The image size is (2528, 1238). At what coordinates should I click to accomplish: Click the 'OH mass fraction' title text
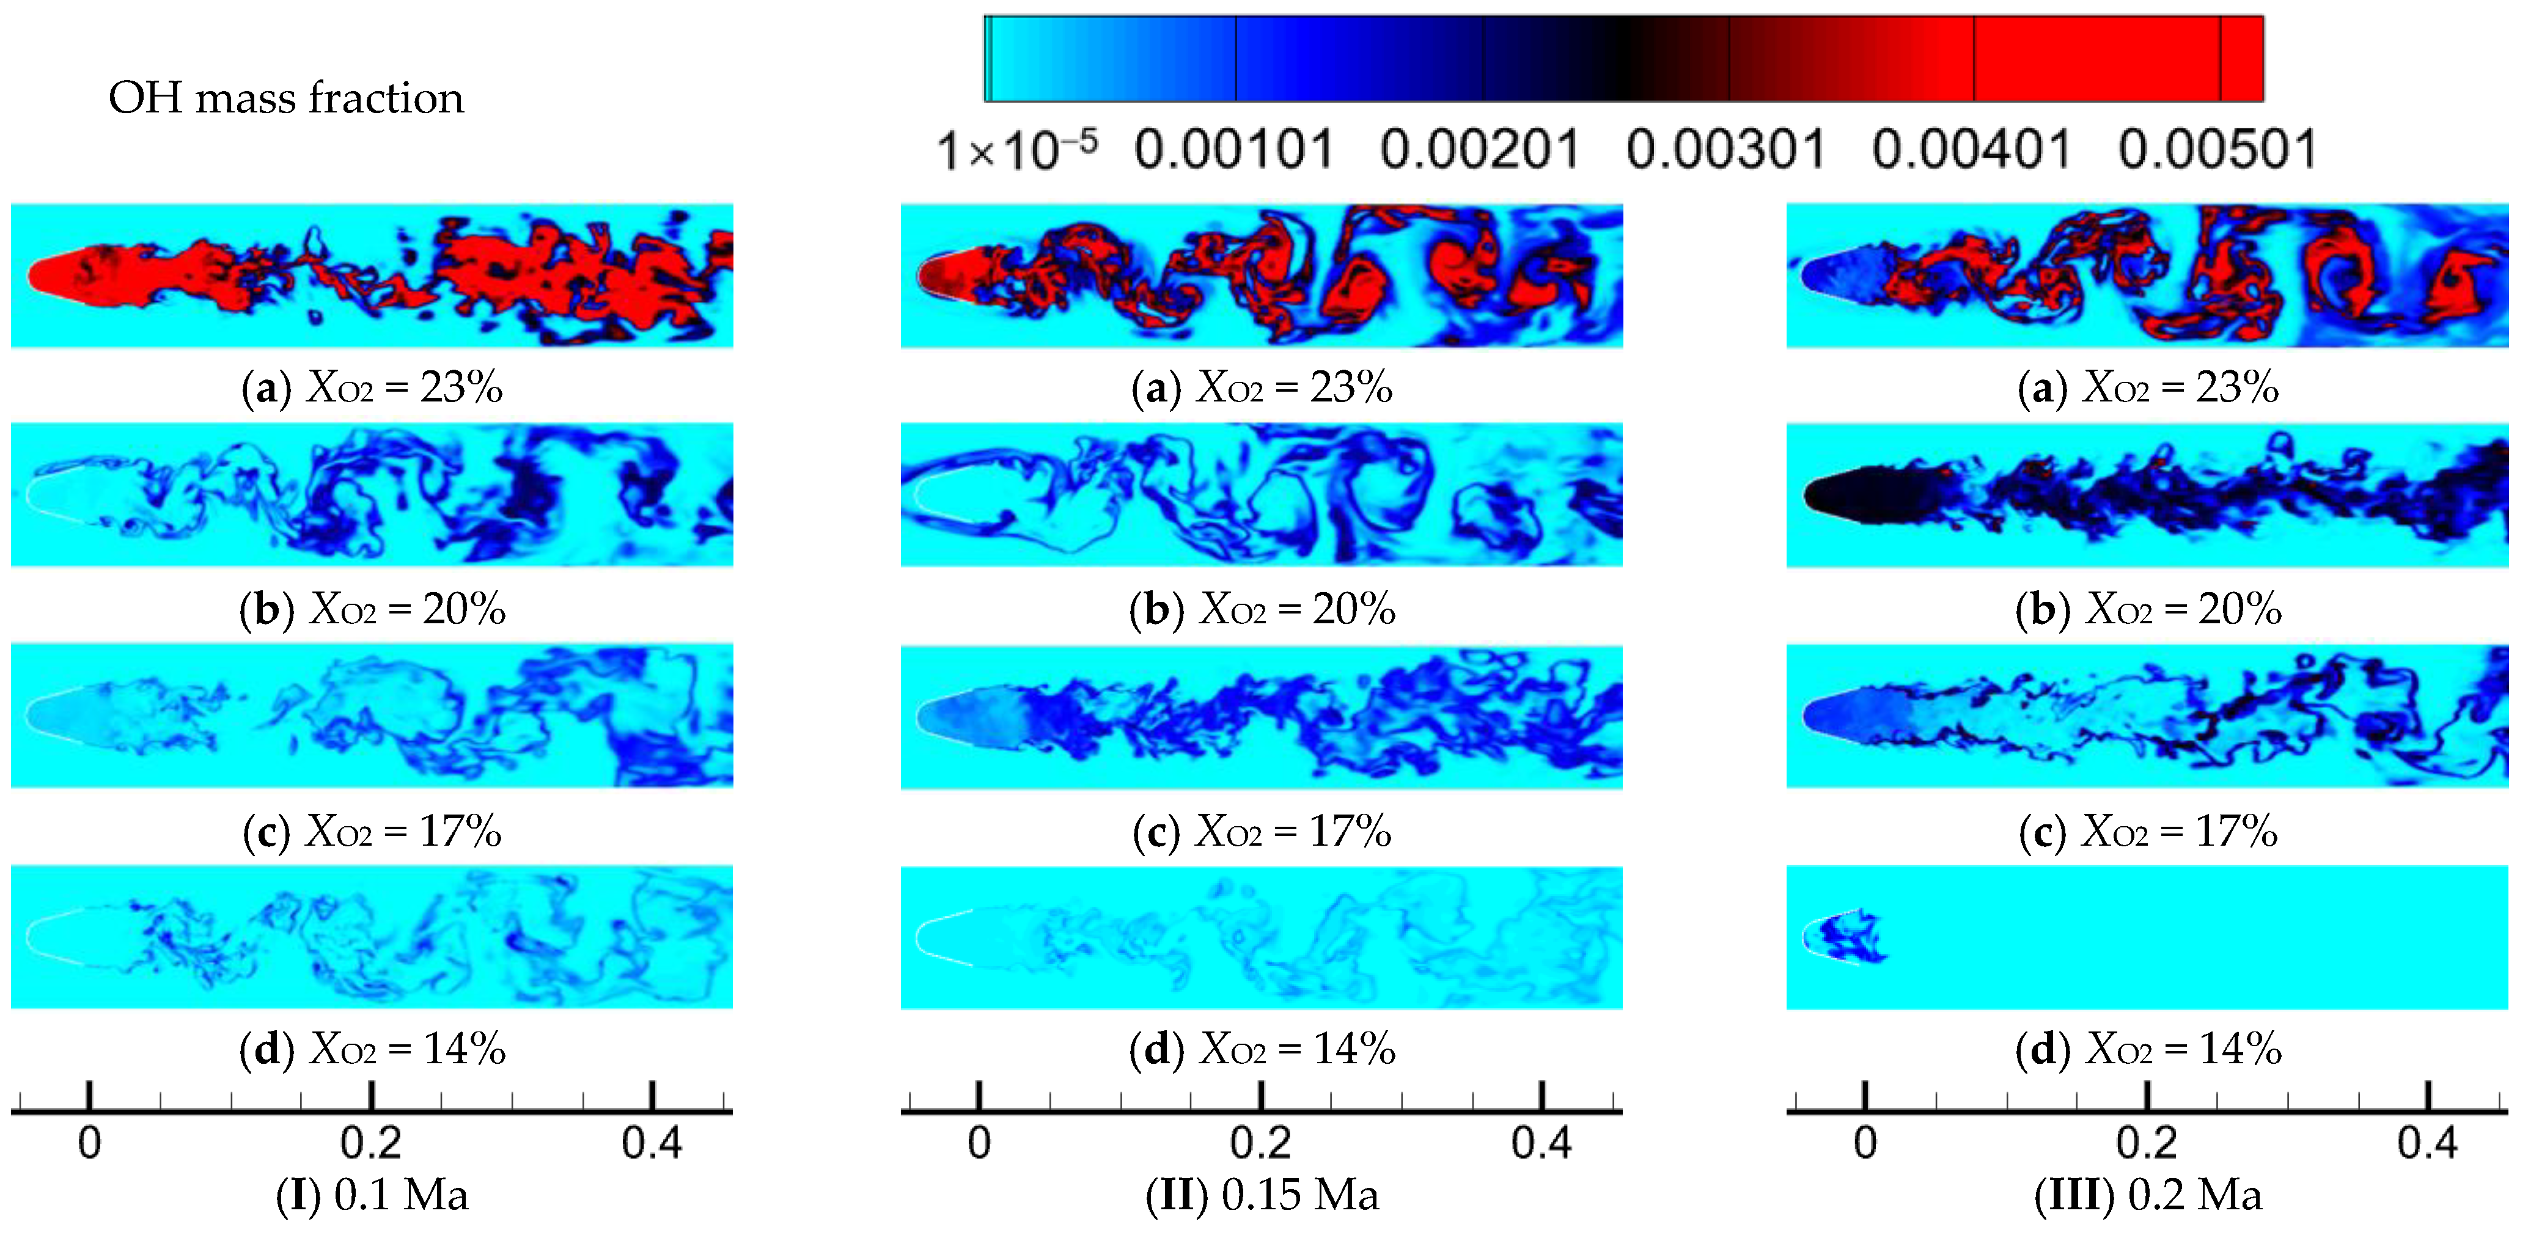click(285, 98)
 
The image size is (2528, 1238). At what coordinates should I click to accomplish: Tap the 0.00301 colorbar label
click(1725, 151)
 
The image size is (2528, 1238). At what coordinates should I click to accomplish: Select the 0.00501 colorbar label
click(2217, 151)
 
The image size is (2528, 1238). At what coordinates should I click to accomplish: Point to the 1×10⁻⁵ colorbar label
click(1016, 151)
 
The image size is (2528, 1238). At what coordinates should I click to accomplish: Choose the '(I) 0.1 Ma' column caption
click(372, 1195)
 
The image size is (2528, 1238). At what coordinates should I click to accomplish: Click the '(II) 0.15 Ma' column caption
click(1262, 1195)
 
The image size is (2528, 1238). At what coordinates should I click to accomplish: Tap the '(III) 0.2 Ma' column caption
click(2148, 1195)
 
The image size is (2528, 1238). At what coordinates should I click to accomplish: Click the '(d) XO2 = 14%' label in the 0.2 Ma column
click(2148, 1050)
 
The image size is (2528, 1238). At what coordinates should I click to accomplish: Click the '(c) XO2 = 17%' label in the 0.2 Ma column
click(2148, 832)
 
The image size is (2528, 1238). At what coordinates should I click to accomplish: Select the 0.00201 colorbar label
click(1480, 151)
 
